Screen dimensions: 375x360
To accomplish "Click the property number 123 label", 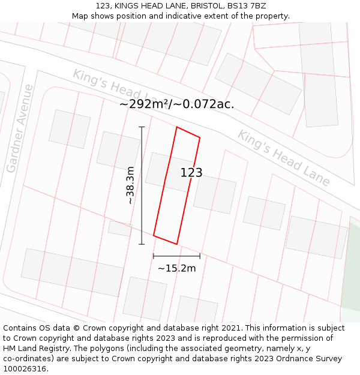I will [191, 173].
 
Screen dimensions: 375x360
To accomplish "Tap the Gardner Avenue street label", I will [20, 129].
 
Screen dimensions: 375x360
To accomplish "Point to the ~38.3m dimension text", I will [130, 185].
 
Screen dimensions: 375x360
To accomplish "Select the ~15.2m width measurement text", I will [176, 268].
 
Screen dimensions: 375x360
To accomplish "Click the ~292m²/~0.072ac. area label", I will [176, 104].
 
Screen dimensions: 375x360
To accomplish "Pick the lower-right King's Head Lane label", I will [283, 158].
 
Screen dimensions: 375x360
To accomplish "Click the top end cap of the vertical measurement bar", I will [142, 127].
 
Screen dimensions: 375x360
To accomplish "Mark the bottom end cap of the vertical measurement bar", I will [142, 244].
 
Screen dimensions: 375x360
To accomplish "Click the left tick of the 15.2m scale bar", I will [154, 256].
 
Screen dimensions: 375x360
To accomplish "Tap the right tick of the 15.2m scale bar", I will [200, 256].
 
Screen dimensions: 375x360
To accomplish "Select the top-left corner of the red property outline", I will [176, 127].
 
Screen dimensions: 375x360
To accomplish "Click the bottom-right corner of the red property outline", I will [176, 244].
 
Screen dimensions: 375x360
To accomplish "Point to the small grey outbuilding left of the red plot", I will [120, 228].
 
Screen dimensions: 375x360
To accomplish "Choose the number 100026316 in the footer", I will [25, 369].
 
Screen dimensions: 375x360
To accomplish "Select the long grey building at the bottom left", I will [72, 272].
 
